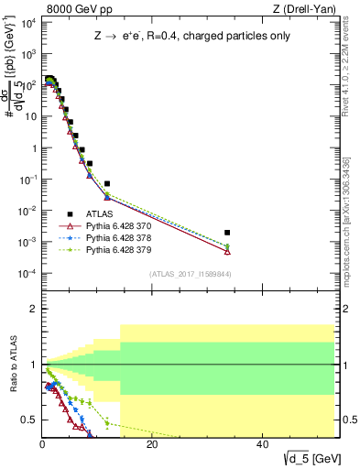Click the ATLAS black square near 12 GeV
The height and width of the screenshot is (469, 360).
coord(107,184)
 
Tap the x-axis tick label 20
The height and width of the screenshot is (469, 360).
coord(152,444)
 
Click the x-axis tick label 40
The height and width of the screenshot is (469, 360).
coord(262,444)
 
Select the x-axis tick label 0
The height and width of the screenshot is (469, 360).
coord(42,444)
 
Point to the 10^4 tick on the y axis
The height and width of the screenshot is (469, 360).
coord(27,22)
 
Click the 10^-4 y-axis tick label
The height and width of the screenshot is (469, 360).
coord(27,274)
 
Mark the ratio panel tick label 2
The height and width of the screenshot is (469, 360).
coord(33,309)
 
